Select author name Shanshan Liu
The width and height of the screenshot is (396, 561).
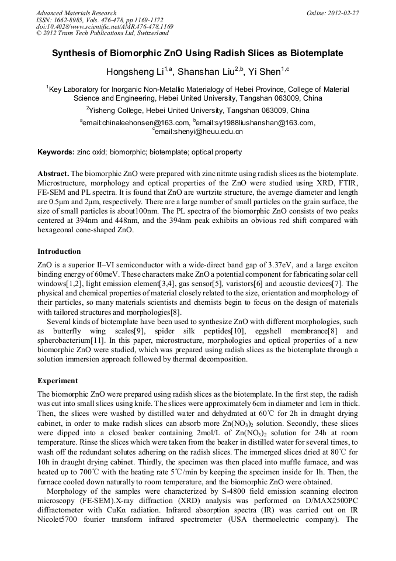point(203,73)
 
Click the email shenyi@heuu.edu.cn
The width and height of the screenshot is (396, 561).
point(199,132)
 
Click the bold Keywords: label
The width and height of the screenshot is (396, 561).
point(55,152)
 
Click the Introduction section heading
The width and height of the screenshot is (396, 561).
point(59,252)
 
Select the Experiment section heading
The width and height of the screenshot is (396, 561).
point(57,381)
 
